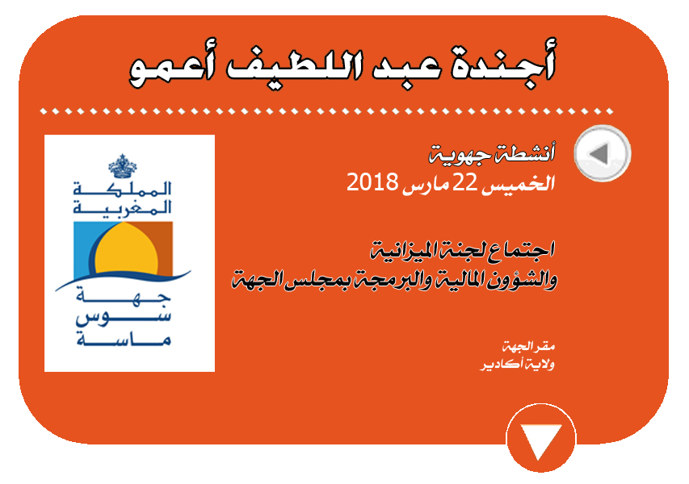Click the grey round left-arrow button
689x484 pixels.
[603, 153]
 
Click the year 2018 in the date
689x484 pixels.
[372, 181]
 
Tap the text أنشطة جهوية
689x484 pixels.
[492, 153]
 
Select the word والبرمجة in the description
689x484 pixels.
[386, 280]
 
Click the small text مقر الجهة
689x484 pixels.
[528, 347]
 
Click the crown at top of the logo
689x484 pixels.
[123, 166]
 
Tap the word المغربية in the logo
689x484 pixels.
[122, 207]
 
